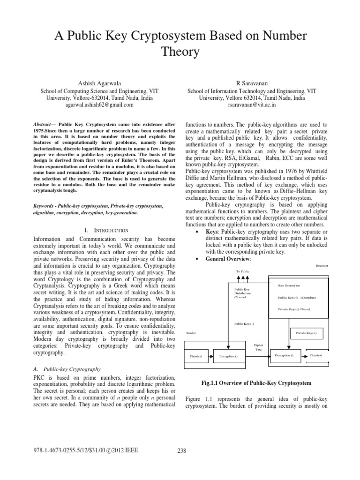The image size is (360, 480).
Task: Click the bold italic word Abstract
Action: (45, 124)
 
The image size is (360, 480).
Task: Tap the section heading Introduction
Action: (106, 230)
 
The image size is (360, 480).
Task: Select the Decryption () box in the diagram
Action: (284, 356)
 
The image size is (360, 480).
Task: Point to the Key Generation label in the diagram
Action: (289, 285)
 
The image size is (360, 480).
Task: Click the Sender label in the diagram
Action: (191, 332)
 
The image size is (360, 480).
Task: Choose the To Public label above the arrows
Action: (243, 272)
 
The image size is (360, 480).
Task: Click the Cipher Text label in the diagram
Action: (258, 347)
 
